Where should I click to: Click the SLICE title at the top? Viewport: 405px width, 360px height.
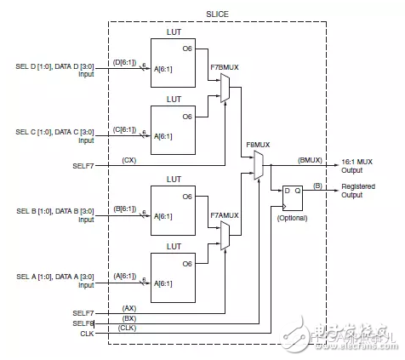point(216,12)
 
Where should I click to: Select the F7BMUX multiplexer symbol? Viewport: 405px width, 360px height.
point(225,88)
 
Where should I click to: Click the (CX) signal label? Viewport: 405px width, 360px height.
point(130,159)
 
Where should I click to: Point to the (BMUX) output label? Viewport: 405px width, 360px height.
point(311,159)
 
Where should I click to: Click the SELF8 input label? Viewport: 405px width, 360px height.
point(85,323)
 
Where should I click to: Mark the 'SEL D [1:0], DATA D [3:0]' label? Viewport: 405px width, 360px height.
point(54,66)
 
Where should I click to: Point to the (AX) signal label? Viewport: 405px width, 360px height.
point(130,308)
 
